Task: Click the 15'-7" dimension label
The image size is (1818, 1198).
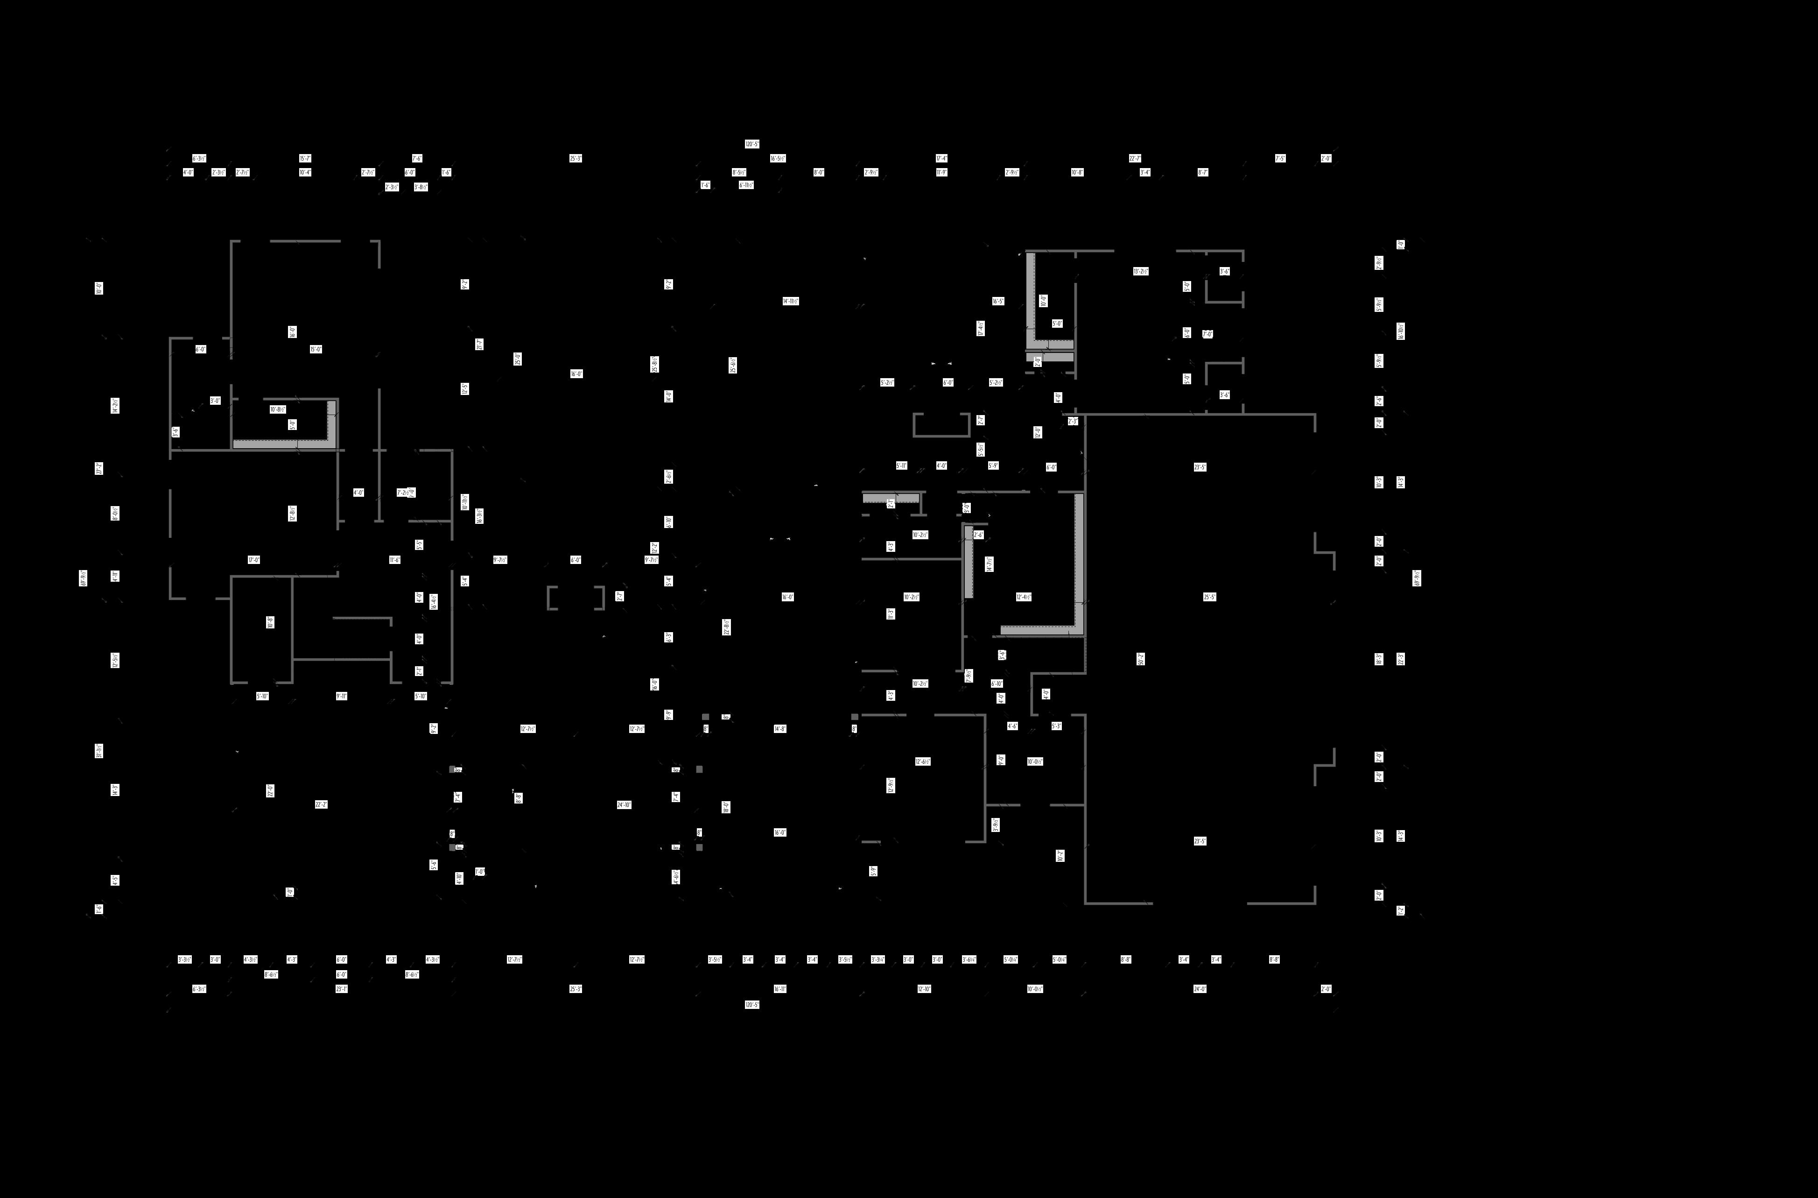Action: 305,158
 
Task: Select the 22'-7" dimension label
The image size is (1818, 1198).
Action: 1135,158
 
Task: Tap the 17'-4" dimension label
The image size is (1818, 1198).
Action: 942,158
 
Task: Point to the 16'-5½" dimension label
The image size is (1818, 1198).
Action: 778,158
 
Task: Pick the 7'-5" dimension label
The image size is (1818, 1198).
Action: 1280,158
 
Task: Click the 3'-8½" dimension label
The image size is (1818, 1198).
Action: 421,186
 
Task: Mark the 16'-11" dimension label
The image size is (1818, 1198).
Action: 780,989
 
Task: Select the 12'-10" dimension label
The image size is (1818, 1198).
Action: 924,989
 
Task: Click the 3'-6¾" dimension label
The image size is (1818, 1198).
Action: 969,959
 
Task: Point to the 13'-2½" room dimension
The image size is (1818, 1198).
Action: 1140,271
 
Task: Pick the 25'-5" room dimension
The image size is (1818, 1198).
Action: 1209,597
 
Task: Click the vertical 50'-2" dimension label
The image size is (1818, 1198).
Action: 1140,659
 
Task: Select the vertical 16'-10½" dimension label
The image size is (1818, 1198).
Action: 1400,331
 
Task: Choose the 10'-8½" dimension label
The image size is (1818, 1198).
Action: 278,409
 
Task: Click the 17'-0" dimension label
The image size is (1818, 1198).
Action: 253,560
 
